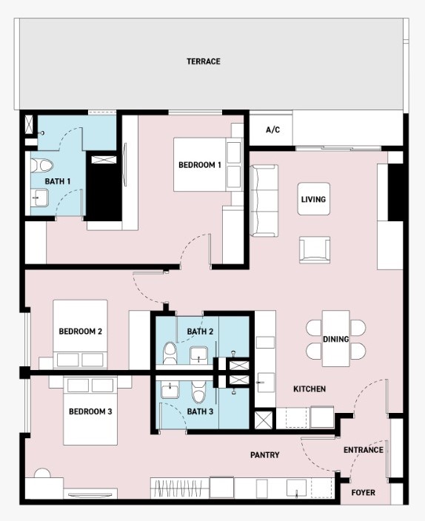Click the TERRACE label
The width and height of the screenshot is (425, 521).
click(203, 61)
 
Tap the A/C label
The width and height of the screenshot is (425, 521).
click(272, 130)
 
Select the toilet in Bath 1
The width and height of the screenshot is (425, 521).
click(42, 166)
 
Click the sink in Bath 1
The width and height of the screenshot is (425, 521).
click(39, 198)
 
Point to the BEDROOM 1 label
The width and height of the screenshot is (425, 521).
click(200, 165)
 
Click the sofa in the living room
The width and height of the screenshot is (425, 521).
click(264, 201)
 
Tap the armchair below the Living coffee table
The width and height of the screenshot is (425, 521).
click(315, 250)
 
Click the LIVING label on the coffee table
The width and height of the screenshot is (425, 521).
click(313, 199)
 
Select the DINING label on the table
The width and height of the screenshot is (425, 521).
click(336, 339)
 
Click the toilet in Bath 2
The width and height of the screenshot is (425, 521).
click(170, 353)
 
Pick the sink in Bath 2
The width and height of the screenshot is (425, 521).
click(199, 355)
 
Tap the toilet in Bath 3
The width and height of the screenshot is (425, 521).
click(199, 392)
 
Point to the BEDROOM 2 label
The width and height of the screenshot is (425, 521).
click(81, 332)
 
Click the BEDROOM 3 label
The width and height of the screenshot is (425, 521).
click(90, 411)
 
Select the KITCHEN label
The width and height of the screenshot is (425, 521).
click(309, 389)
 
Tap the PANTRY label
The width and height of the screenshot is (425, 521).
click(265, 455)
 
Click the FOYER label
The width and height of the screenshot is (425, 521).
click(363, 492)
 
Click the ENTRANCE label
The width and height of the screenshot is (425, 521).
click(364, 450)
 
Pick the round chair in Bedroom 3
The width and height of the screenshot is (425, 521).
click(42, 474)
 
